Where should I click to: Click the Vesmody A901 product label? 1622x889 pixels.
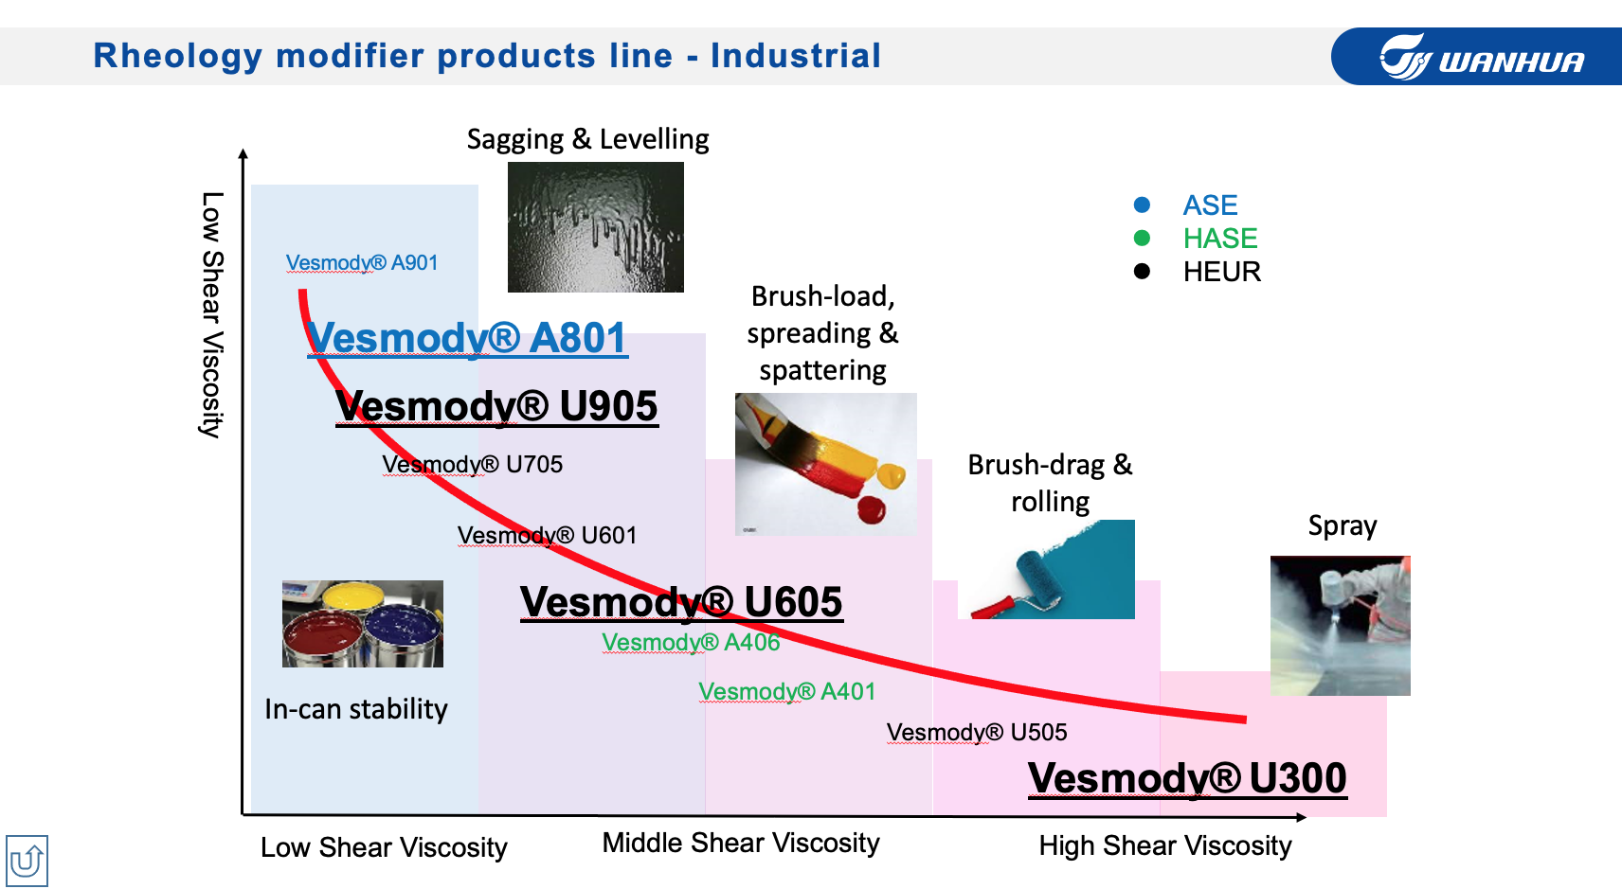pyautogui.click(x=362, y=262)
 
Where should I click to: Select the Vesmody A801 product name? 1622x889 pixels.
pyautogui.click(x=467, y=338)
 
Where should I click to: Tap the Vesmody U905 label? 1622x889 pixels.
pyautogui.click(x=496, y=406)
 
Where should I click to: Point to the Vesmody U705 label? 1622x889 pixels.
pyautogui.click(x=472, y=465)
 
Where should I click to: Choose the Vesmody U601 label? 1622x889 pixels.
pyautogui.click(x=548, y=535)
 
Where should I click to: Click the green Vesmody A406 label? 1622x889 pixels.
pyautogui.click(x=691, y=642)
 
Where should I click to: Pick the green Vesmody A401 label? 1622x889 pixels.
pyautogui.click(x=787, y=691)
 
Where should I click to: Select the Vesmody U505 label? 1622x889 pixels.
pyautogui.click(x=977, y=732)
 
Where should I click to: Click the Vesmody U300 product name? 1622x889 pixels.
pyautogui.click(x=1187, y=778)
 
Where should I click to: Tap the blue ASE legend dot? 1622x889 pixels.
pyautogui.click(x=1142, y=205)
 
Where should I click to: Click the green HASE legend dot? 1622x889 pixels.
pyautogui.click(x=1142, y=238)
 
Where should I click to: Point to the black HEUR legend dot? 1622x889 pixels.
pyautogui.click(x=1142, y=272)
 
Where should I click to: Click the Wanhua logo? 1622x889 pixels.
pyautogui.click(x=1482, y=57)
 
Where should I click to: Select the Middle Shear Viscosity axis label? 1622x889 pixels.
pyautogui.click(x=741, y=844)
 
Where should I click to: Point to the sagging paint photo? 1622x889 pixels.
pyautogui.click(x=595, y=227)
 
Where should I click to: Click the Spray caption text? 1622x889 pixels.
pyautogui.click(x=1343, y=525)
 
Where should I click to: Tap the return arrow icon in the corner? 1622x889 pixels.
pyautogui.click(x=27, y=861)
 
